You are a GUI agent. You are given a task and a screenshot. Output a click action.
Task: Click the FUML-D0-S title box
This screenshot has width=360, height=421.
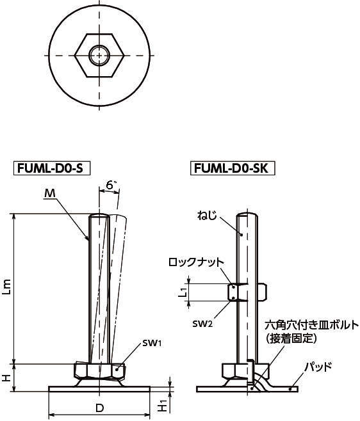52,168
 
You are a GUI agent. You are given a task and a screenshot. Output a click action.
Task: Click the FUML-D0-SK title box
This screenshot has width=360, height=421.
233,168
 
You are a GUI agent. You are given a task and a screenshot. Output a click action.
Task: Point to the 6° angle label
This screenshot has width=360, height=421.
111,186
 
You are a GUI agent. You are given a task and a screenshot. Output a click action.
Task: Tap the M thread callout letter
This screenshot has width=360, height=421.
49,193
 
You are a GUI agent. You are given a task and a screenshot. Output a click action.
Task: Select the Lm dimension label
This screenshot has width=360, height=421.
6,287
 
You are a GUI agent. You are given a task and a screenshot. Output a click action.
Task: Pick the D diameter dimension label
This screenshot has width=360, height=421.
100,408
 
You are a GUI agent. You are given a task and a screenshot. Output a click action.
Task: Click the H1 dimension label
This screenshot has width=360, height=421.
163,406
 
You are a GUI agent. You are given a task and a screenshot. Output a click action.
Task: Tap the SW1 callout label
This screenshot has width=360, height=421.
152,343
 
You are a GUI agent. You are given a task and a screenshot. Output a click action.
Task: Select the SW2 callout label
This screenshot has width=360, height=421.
202,324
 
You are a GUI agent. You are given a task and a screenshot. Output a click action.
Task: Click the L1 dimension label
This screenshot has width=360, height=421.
183,292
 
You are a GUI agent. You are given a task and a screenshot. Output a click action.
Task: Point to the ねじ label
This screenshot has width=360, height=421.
207,216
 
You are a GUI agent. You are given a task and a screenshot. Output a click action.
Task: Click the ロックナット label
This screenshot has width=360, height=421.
196,262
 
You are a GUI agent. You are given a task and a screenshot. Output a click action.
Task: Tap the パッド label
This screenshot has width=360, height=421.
318,367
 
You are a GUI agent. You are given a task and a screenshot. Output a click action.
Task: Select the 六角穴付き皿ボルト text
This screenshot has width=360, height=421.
312,326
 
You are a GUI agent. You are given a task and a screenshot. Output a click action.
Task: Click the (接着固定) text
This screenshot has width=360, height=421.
291,339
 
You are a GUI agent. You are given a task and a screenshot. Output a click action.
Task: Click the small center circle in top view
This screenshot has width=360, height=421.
99,56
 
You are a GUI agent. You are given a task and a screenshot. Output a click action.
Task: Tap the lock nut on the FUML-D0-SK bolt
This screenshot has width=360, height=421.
247,292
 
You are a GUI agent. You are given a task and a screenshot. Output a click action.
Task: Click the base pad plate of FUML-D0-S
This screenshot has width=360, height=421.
99,389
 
